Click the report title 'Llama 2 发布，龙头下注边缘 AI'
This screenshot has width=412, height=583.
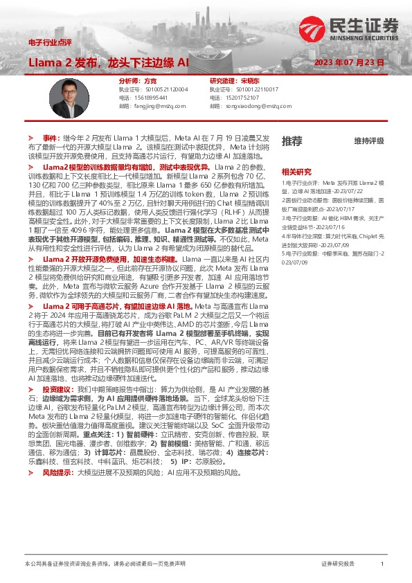tap(109, 62)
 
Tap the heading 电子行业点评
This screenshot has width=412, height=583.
tap(51, 43)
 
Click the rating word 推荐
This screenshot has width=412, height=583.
tap(292, 141)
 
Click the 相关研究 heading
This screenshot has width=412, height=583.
tap(296, 170)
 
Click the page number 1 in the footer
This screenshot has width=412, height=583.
tap(382, 564)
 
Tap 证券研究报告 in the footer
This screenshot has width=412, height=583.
tap(339, 564)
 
